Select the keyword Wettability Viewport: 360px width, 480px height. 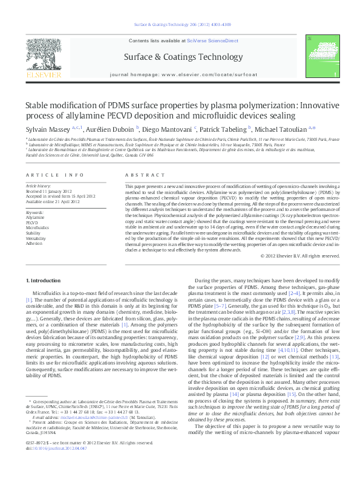36,239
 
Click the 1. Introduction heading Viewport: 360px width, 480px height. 47,281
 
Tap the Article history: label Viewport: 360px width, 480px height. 39,183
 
